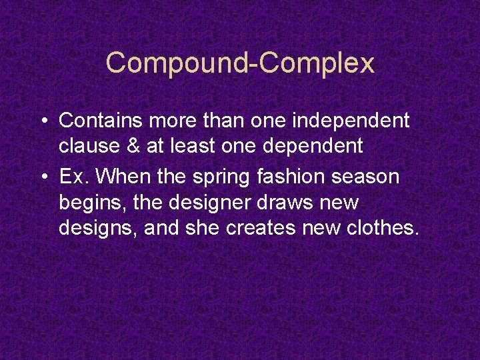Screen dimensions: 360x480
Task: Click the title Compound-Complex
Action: [x=240, y=63]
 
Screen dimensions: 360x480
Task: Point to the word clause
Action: [x=87, y=146]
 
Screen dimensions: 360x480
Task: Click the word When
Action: [x=118, y=177]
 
